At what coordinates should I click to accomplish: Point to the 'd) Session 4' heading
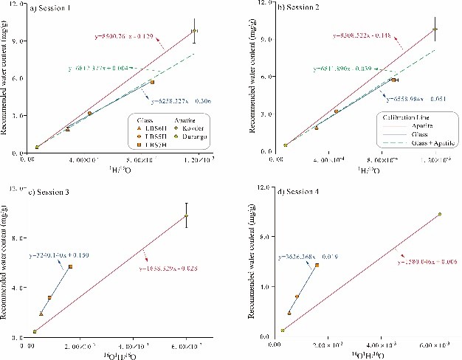click(x=300, y=192)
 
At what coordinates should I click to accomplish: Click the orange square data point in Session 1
click(x=152, y=83)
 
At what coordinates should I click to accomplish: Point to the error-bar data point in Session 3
click(x=187, y=215)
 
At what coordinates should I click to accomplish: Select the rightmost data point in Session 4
click(x=440, y=214)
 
